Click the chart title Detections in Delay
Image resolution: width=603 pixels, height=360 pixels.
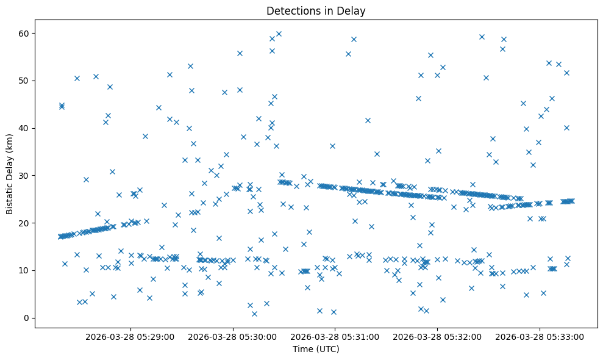(316, 10)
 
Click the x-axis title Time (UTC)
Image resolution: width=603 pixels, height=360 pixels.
(316, 349)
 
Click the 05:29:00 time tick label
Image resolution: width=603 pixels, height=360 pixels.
(130, 336)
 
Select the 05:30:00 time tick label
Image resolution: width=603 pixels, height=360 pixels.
(233, 336)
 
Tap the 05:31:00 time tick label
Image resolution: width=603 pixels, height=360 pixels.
(335, 336)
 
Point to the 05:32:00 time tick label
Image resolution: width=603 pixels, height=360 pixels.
(437, 336)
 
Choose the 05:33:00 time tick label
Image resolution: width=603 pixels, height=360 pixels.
(540, 336)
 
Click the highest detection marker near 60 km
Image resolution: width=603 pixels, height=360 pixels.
(279, 34)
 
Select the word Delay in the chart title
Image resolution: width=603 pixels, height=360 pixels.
(353, 10)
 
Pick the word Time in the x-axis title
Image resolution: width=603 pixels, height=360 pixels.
(303, 349)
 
